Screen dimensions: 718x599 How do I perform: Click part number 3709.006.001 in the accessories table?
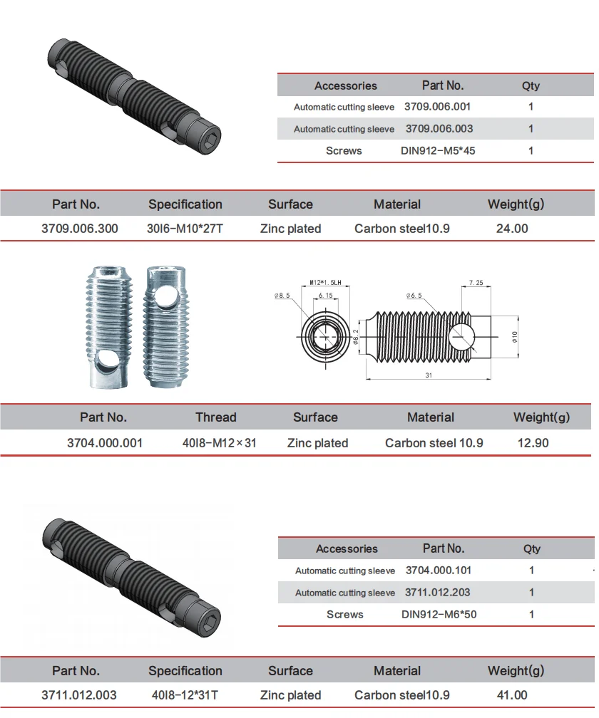point(437,107)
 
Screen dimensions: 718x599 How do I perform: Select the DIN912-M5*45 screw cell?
point(438,151)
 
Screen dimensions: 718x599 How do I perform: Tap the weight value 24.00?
point(511,229)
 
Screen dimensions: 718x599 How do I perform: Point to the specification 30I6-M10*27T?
point(185,229)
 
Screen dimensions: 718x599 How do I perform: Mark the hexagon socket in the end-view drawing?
point(326,335)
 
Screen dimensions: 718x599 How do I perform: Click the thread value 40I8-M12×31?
point(219,443)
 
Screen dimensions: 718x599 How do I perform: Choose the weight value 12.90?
point(533,443)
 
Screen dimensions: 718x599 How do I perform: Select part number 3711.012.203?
point(437,593)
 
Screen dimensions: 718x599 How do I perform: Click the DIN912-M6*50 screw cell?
point(439,614)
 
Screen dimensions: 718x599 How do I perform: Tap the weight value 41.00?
point(511,695)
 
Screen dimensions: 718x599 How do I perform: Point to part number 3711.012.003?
point(79,695)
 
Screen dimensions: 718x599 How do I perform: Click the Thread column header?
point(216,417)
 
